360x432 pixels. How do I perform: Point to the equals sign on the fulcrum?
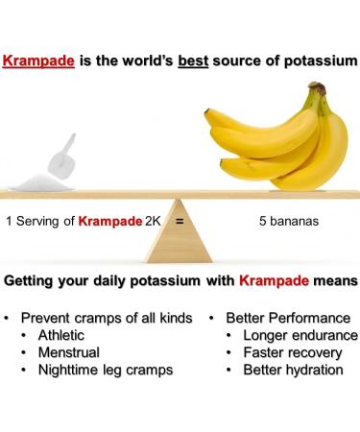tap(179, 220)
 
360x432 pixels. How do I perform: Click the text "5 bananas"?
tap(288, 220)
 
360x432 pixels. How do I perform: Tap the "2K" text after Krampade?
tap(153, 220)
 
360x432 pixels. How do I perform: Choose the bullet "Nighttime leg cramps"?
tap(106, 370)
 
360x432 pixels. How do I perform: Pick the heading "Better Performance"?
tap(287, 318)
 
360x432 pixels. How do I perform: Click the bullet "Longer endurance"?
tap(300, 335)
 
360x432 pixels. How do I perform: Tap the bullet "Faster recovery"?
tap(294, 352)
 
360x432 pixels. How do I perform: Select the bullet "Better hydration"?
tap(293, 370)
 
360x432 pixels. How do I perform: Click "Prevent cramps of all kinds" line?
tap(107, 318)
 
